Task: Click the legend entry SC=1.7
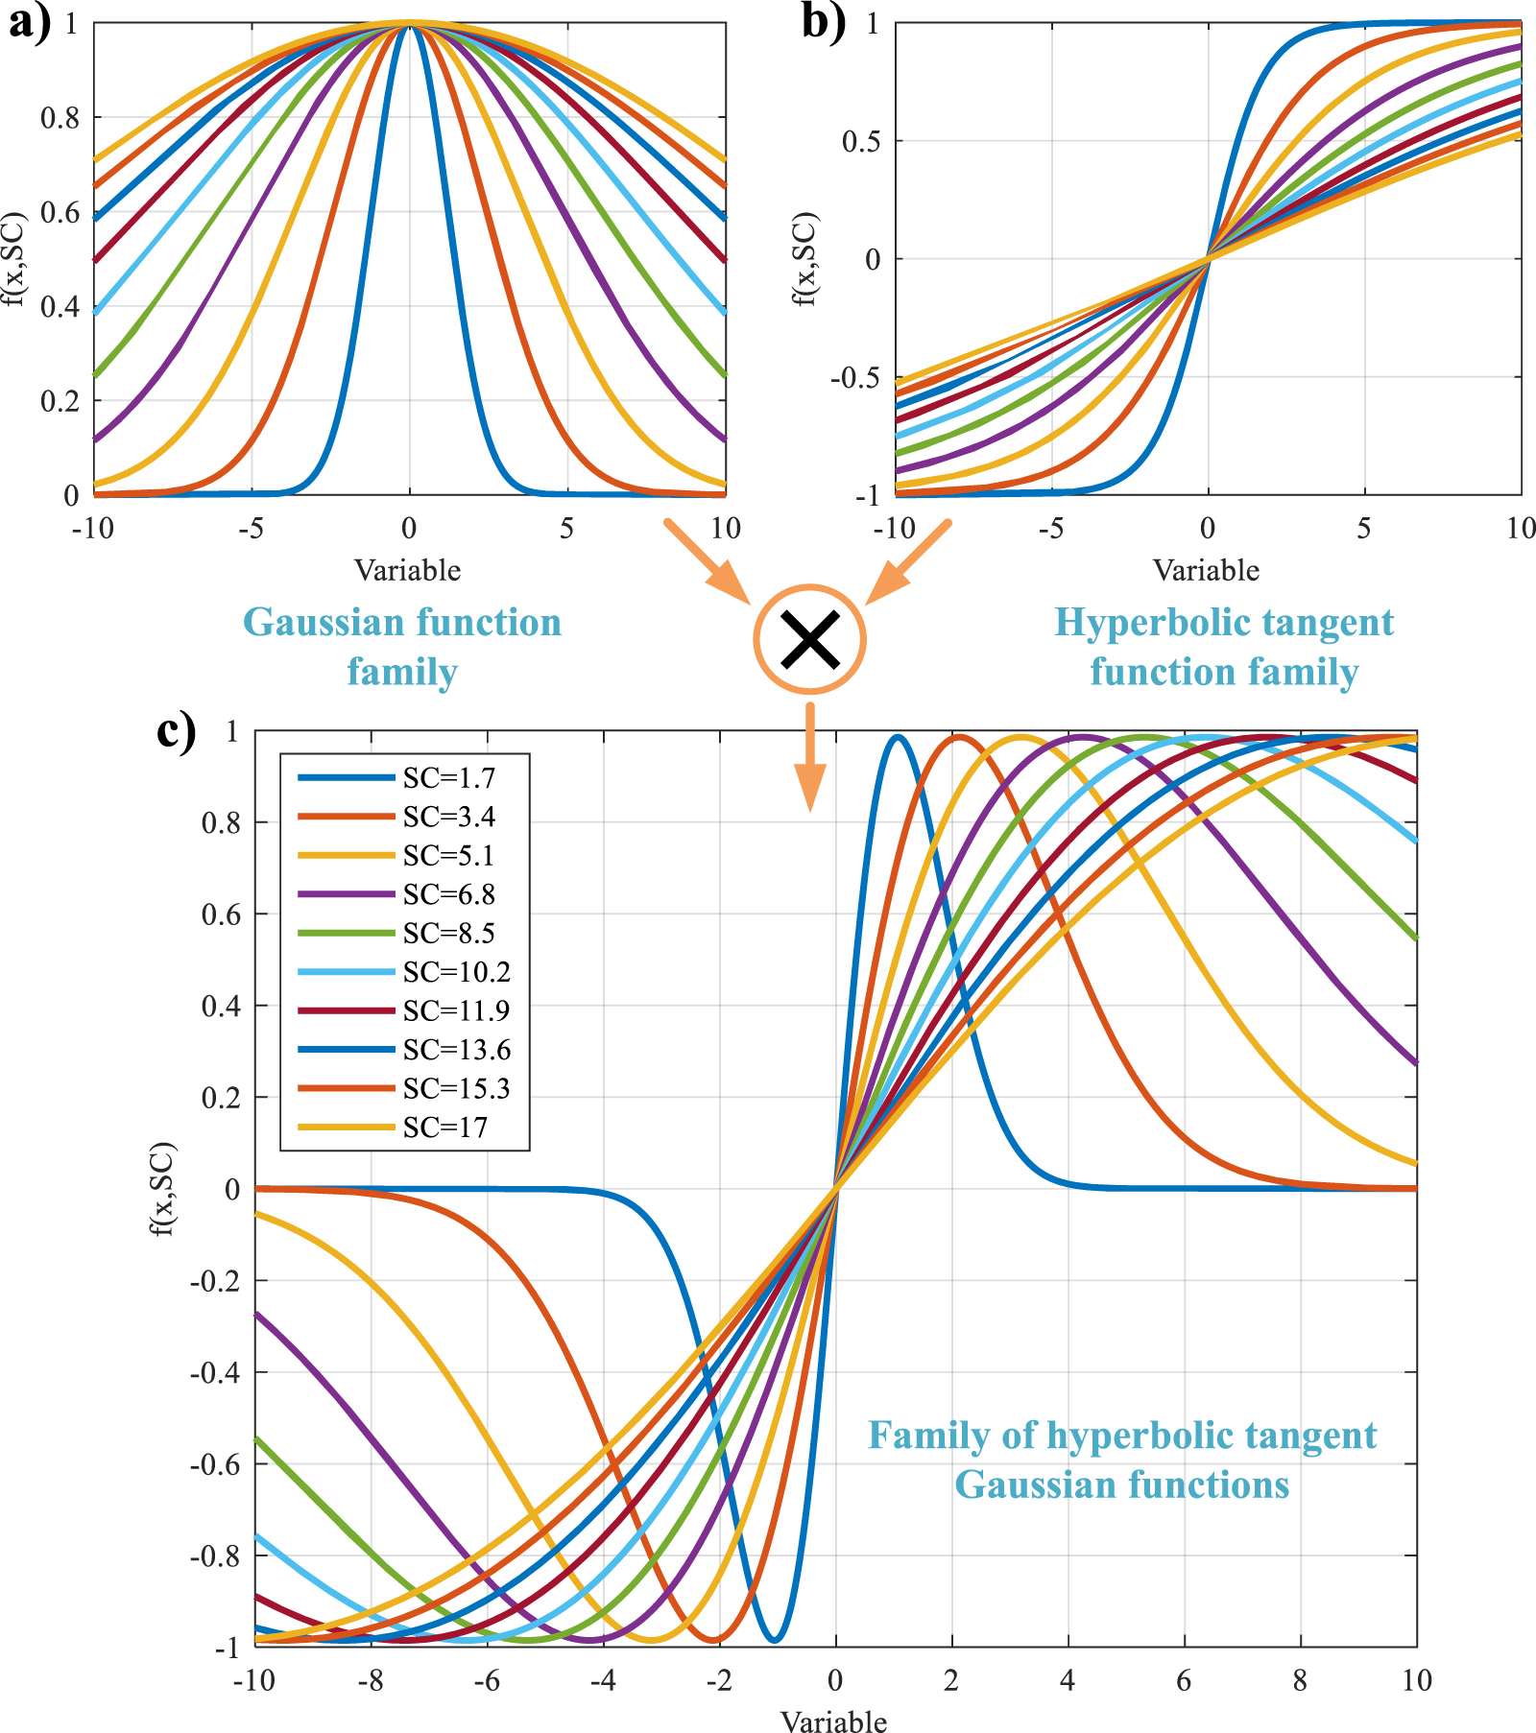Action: [x=448, y=778]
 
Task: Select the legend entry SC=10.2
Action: [x=456, y=972]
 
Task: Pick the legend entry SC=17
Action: [x=444, y=1128]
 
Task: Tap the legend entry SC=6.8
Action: [x=448, y=894]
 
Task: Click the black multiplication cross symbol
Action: [x=810, y=639]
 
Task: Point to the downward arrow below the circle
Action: [x=810, y=758]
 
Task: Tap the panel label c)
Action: [x=177, y=731]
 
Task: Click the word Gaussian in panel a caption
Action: [x=324, y=623]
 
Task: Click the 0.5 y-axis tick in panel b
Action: [x=860, y=141]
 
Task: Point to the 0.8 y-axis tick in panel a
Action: [x=60, y=118]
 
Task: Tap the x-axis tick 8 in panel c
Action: [x=1300, y=1680]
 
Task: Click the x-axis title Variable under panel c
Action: [x=833, y=1721]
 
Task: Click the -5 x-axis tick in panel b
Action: [x=1050, y=528]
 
